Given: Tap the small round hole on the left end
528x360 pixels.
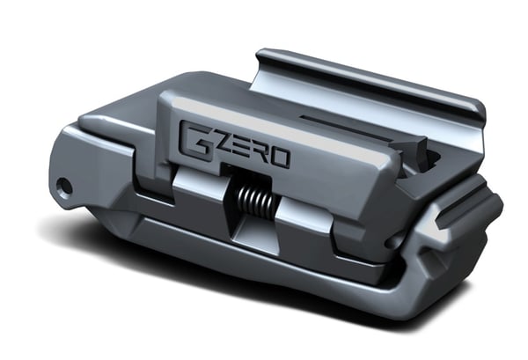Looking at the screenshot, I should click(x=63, y=187).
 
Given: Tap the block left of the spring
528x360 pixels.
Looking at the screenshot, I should click(x=198, y=199).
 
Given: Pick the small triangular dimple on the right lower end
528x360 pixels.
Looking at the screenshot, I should click(x=431, y=261).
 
